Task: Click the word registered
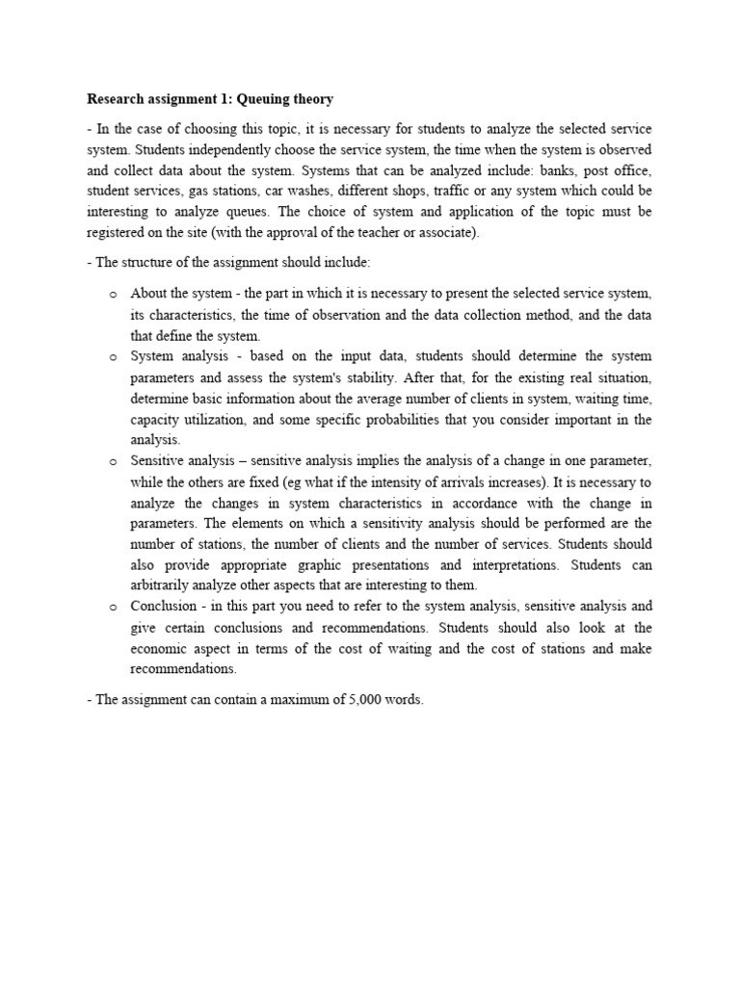click(117, 233)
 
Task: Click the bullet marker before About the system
click(113, 294)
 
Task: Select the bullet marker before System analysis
click(113, 357)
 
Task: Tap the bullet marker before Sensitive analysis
click(113, 462)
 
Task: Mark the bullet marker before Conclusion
click(113, 608)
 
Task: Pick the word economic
click(161, 649)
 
